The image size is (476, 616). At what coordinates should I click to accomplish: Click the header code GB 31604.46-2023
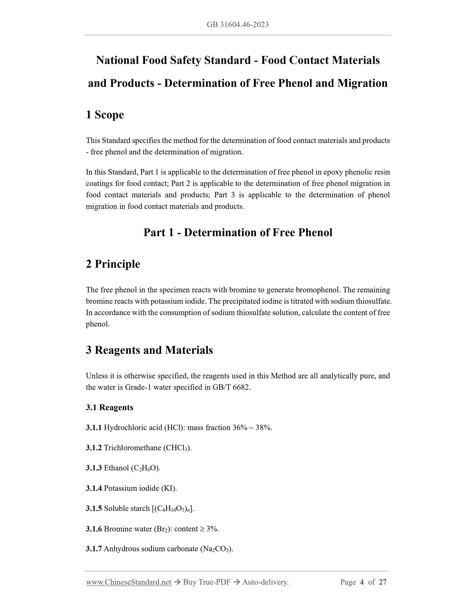pyautogui.click(x=238, y=24)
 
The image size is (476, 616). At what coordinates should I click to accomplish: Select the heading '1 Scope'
pyautogui.click(x=105, y=115)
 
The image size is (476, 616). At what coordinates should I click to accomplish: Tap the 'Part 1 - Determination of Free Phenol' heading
pyautogui.click(x=238, y=233)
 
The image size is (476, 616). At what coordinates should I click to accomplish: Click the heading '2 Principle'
pyautogui.click(x=113, y=264)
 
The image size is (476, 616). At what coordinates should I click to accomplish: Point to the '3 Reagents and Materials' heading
pyautogui.click(x=149, y=350)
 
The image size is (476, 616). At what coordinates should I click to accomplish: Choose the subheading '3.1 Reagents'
pyautogui.click(x=109, y=407)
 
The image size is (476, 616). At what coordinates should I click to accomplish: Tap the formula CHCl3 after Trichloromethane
pyautogui.click(x=177, y=448)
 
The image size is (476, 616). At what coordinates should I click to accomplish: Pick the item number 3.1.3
pyautogui.click(x=94, y=468)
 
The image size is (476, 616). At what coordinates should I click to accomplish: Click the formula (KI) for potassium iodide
pyautogui.click(x=169, y=488)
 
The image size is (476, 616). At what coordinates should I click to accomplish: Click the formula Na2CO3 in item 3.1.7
pyautogui.click(x=216, y=549)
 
